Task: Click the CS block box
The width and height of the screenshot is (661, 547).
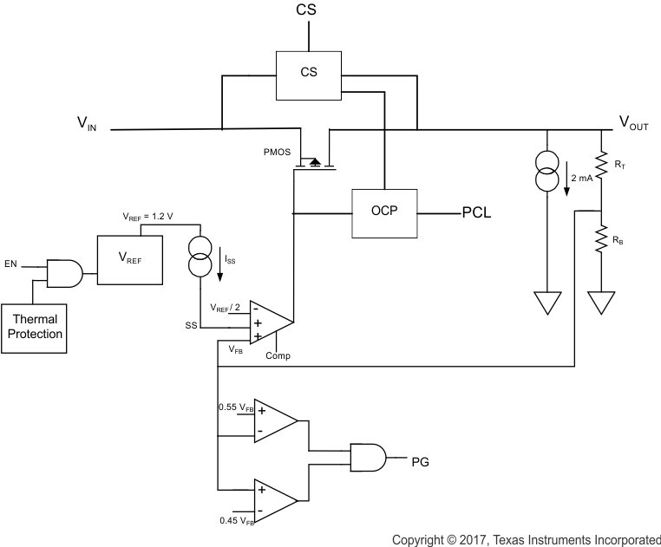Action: pyautogui.click(x=308, y=75)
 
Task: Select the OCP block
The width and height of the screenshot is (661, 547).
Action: pyautogui.click(x=383, y=212)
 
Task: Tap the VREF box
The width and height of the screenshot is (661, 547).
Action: pyautogui.click(x=129, y=259)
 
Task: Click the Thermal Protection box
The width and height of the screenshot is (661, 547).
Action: pyautogui.click(x=34, y=328)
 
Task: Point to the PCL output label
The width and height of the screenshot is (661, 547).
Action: pyautogui.click(x=476, y=212)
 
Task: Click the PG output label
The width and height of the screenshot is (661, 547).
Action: pyautogui.click(x=421, y=461)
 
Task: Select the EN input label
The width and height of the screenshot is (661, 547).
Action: pyautogui.click(x=10, y=263)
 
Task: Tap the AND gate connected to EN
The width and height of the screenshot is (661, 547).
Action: pyautogui.click(x=63, y=273)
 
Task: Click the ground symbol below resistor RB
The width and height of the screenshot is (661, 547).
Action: pyautogui.click(x=601, y=303)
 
